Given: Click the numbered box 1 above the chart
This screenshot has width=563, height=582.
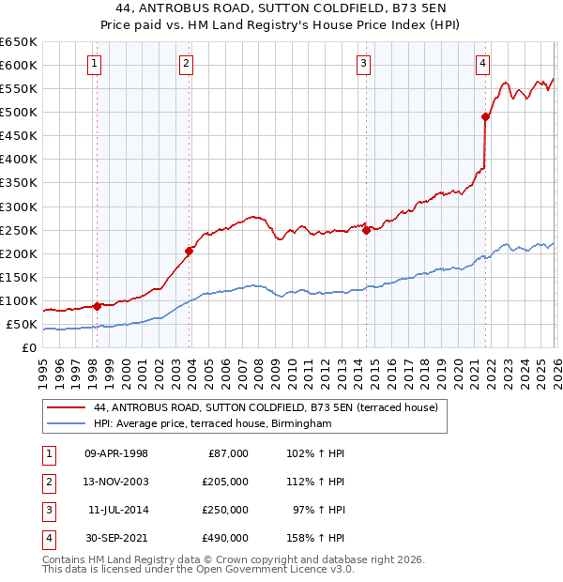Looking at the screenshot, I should pyautogui.click(x=97, y=64).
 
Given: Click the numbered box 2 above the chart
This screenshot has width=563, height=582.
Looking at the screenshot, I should pyautogui.click(x=187, y=64).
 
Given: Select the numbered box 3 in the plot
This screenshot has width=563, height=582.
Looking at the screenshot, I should pyautogui.click(x=363, y=64).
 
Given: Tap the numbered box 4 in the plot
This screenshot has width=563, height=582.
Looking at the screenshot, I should pyautogui.click(x=482, y=64).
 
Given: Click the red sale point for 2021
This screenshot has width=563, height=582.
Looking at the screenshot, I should pyautogui.click(x=485, y=116).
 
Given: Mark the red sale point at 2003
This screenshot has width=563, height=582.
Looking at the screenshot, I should pyautogui.click(x=190, y=251).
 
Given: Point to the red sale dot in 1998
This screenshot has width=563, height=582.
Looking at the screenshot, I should pyautogui.click(x=98, y=306).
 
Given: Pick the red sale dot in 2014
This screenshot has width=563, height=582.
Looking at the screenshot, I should pyautogui.click(x=366, y=230).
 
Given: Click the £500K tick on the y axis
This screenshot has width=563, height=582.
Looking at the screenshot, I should pyautogui.click(x=18, y=113).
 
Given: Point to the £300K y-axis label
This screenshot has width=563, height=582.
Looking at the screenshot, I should pyautogui.click(x=18, y=207).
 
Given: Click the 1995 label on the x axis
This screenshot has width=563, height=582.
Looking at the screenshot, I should pyautogui.click(x=42, y=367).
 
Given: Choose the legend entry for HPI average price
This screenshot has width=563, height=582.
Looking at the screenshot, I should pyautogui.click(x=213, y=424).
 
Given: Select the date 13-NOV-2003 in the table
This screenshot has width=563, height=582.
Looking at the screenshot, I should pyautogui.click(x=116, y=482).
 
